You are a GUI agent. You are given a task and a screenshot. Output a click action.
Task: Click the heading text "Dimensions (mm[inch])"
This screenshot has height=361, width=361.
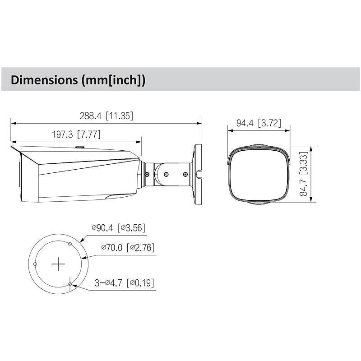pyautogui.click(x=78, y=80)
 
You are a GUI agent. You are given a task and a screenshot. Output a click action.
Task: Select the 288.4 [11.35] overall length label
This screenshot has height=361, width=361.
pyautogui.click(x=106, y=116)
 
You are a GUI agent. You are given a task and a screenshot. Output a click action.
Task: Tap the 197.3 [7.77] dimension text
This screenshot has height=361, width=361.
pyautogui.click(x=75, y=134)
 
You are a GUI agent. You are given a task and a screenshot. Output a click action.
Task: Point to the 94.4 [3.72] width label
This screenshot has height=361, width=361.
pyautogui.click(x=259, y=123)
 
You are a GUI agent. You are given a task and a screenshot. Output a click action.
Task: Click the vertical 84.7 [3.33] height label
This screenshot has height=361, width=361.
pyautogui.click(x=304, y=174)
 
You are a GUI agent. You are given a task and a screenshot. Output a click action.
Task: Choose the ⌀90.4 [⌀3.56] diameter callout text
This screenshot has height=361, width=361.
pyautogui.click(x=118, y=228)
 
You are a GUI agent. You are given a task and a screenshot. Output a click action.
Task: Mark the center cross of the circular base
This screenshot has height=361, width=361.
pyautogui.click(x=58, y=264)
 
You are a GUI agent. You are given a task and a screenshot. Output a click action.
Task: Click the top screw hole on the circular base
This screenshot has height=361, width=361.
pyautogui.click(x=69, y=244)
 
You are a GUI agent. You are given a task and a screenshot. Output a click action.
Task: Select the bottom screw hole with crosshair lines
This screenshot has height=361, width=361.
pyautogui.click(x=69, y=283)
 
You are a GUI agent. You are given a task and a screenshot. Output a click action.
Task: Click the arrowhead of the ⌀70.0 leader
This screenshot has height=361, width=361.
pyautogui.click(x=85, y=257)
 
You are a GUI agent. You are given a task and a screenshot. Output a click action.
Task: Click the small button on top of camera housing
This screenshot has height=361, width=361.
pyautogui.click(x=80, y=147)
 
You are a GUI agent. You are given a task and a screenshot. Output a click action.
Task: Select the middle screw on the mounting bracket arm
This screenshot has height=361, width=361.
pyautogui.click(x=166, y=174)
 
